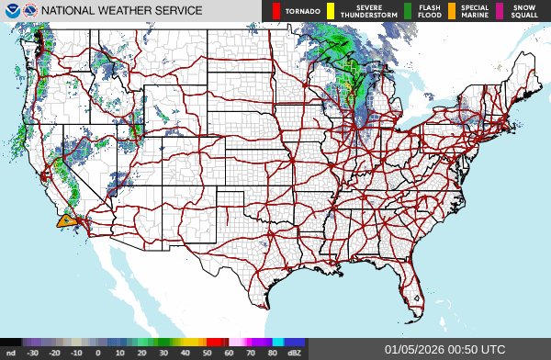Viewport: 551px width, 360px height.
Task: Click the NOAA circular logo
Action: point(11,11)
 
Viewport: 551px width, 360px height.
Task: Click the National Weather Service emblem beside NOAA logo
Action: point(29,11)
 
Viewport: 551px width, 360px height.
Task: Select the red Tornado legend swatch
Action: point(275,11)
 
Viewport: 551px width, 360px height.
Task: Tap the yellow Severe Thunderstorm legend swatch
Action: point(331,11)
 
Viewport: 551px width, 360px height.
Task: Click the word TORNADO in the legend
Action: point(302,11)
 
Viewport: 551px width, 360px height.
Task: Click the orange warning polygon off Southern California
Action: point(65,220)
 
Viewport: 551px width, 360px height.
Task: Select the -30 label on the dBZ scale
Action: point(33,352)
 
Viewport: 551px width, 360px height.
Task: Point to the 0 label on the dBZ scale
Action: point(98,352)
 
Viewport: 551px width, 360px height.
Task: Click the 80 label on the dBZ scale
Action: point(272,352)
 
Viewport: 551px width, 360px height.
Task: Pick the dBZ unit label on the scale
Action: point(294,352)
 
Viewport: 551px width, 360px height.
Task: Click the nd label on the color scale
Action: point(11,352)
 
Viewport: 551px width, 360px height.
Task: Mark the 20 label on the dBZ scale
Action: point(141,352)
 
